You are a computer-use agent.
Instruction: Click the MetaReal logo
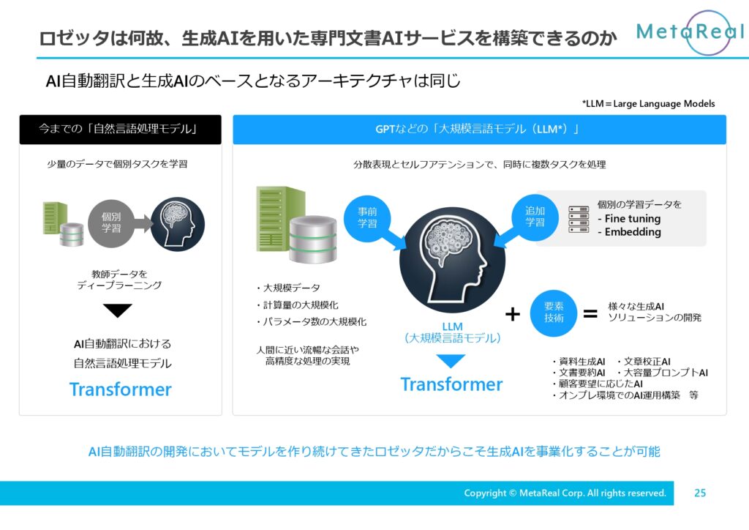click(690, 32)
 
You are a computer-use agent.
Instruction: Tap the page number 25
click(700, 493)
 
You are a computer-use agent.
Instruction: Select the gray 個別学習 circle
click(111, 223)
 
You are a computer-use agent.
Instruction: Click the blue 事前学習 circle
click(367, 217)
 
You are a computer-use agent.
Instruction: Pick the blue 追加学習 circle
click(535, 217)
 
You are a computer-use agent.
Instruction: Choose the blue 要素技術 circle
click(554, 313)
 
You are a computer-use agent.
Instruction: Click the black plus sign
click(513, 314)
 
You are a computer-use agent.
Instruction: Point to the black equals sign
click(590, 314)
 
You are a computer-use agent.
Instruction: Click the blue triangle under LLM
click(451, 361)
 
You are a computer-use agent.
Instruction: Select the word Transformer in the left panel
click(121, 389)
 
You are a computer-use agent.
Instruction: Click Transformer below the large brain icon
click(451, 384)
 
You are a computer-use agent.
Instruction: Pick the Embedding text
click(629, 232)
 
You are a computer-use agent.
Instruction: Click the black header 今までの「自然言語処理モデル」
click(121, 129)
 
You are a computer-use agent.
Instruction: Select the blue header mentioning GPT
click(480, 129)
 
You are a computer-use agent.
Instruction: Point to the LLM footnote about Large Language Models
click(648, 104)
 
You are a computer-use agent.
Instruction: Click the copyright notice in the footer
click(565, 493)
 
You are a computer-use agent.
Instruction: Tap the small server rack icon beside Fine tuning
click(579, 220)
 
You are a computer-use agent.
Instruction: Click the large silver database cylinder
click(313, 239)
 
